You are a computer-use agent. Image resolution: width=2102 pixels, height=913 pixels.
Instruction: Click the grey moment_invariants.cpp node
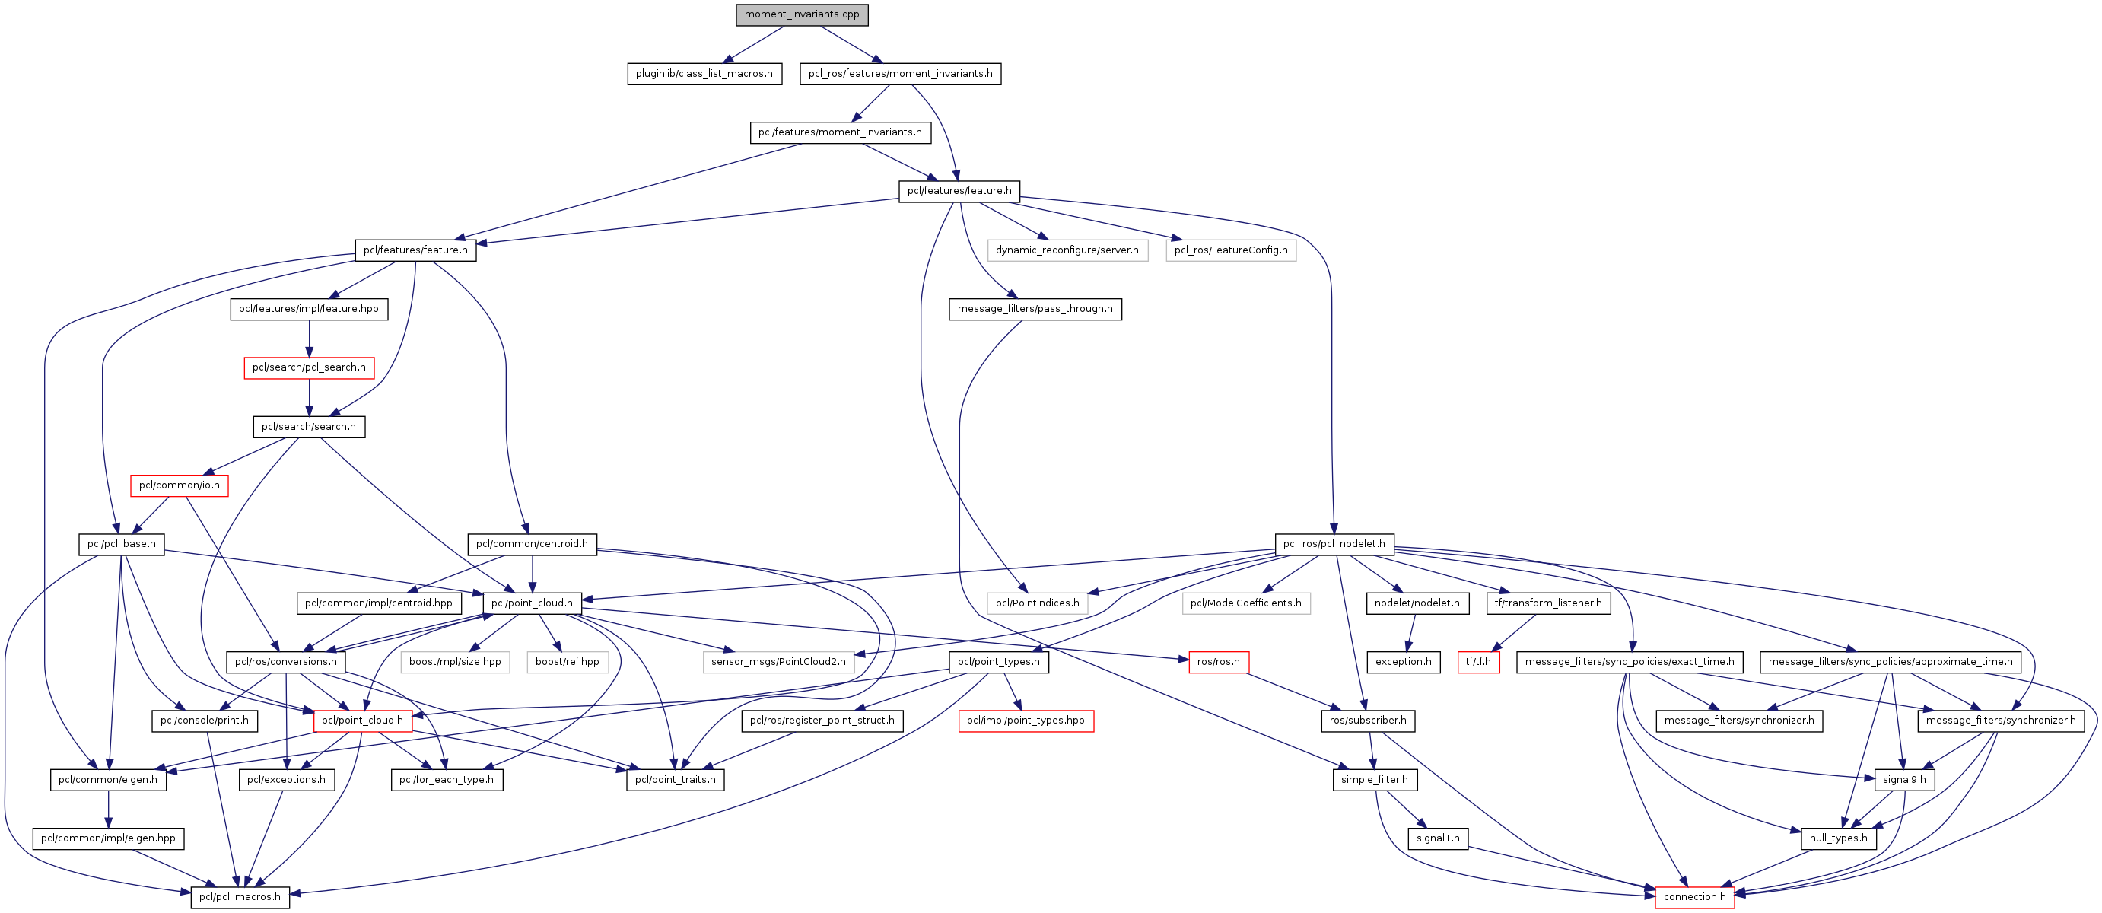tap(801, 14)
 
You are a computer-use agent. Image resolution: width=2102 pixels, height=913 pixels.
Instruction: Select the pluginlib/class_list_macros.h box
tap(704, 74)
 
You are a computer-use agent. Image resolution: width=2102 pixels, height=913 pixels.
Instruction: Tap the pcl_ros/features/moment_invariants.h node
tap(900, 74)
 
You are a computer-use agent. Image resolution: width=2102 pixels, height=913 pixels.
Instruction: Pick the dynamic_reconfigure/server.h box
tap(1067, 250)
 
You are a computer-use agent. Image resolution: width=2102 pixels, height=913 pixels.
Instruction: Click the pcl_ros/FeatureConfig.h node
tap(1230, 250)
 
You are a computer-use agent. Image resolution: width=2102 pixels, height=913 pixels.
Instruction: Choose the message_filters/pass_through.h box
tap(1035, 308)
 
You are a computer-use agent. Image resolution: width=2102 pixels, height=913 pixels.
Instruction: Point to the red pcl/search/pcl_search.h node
tap(308, 367)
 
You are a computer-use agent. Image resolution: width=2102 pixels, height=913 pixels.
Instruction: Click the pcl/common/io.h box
tap(180, 485)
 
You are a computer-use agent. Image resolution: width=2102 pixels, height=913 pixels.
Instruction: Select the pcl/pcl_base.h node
tap(122, 543)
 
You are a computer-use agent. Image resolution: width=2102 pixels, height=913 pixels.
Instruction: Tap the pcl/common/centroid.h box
tap(531, 543)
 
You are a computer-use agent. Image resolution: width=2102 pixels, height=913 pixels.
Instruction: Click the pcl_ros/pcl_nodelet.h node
tap(1334, 543)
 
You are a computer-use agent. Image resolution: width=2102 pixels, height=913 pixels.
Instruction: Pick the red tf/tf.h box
tap(1477, 661)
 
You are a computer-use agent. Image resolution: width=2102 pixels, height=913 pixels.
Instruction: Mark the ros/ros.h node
tap(1218, 661)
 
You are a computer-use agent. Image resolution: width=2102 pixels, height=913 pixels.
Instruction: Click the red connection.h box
tap(1695, 896)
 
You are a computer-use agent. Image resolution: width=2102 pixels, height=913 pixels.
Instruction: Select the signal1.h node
tap(1438, 838)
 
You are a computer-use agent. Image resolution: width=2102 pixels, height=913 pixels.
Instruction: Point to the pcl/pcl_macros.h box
tap(240, 896)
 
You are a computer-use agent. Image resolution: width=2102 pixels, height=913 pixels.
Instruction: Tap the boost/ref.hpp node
tap(567, 661)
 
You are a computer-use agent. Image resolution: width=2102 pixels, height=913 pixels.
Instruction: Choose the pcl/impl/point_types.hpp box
tap(1026, 721)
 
